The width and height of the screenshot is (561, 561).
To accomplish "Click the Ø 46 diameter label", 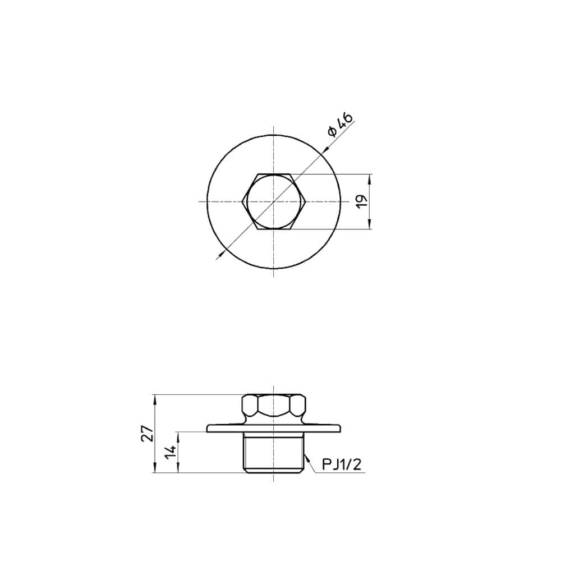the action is pyautogui.click(x=339, y=125).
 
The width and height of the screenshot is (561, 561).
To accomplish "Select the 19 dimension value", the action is pyautogui.click(x=362, y=201).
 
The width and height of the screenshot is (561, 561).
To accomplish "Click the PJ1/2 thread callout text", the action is pyautogui.click(x=342, y=465).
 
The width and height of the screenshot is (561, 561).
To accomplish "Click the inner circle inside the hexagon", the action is pyautogui.click(x=274, y=202).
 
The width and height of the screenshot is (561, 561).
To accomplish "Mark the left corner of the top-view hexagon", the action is pyautogui.click(x=242, y=202).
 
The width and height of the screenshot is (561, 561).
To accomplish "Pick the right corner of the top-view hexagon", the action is pyautogui.click(x=306, y=202).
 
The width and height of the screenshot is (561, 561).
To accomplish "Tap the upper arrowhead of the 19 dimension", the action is pyautogui.click(x=370, y=178).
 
